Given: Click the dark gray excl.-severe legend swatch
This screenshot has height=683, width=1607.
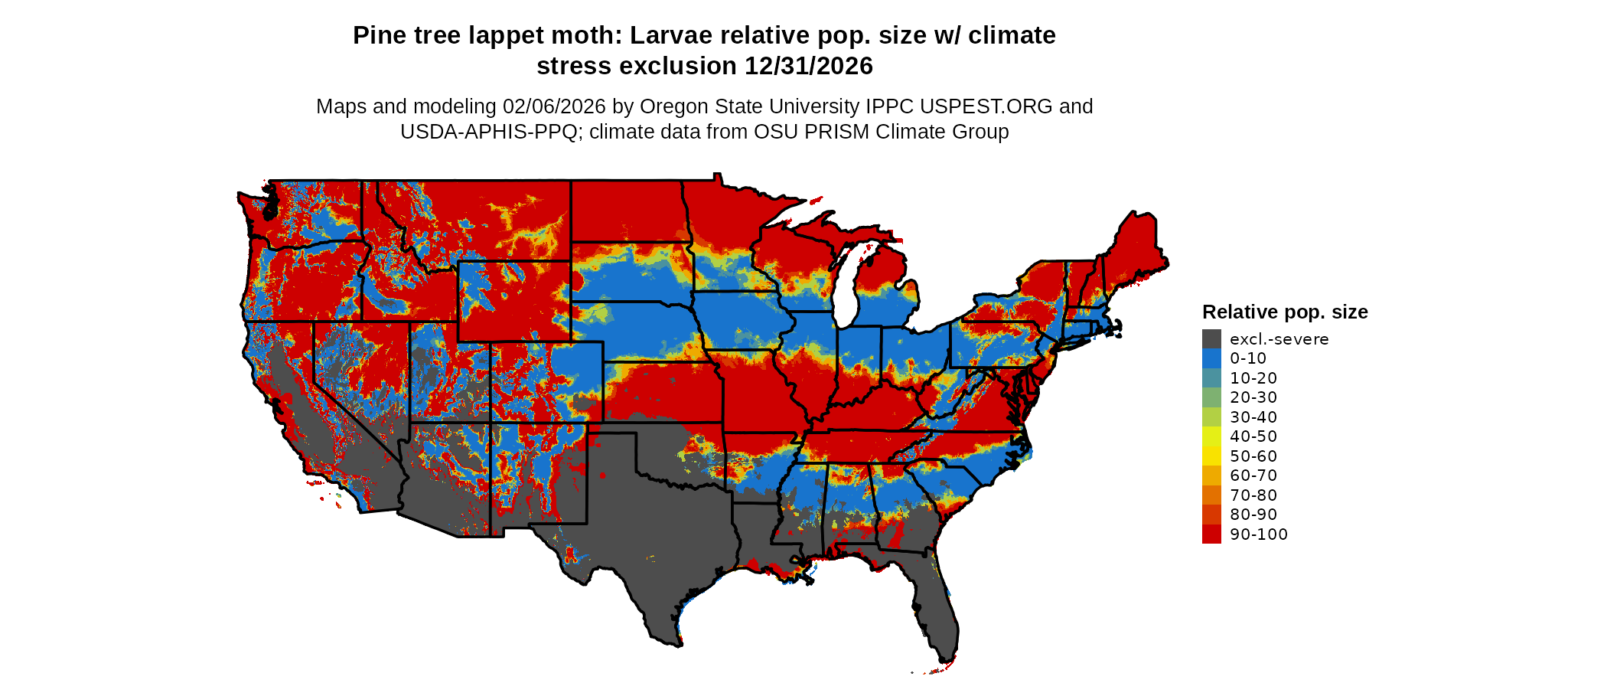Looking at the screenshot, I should (x=1211, y=339).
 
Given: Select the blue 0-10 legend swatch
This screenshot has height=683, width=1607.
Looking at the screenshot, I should (x=1211, y=358).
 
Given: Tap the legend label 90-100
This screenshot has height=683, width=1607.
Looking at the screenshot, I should (x=1259, y=534).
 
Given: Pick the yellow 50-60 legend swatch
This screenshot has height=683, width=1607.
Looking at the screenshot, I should (x=1211, y=456).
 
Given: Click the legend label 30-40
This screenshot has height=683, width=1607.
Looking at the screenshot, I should (x=1253, y=417).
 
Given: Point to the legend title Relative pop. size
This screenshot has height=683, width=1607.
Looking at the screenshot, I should (x=1285, y=312).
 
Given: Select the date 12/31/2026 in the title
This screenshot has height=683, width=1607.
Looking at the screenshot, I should (x=809, y=67).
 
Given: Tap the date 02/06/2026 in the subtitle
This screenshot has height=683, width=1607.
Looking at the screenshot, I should (x=553, y=106).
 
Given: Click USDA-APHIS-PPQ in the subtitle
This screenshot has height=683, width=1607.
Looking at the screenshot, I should (x=488, y=132).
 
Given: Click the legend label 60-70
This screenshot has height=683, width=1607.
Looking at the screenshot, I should (x=1253, y=475).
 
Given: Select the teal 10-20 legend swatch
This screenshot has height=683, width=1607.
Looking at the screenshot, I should (x=1211, y=378).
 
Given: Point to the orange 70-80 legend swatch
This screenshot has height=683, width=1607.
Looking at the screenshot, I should (x=1211, y=495).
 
